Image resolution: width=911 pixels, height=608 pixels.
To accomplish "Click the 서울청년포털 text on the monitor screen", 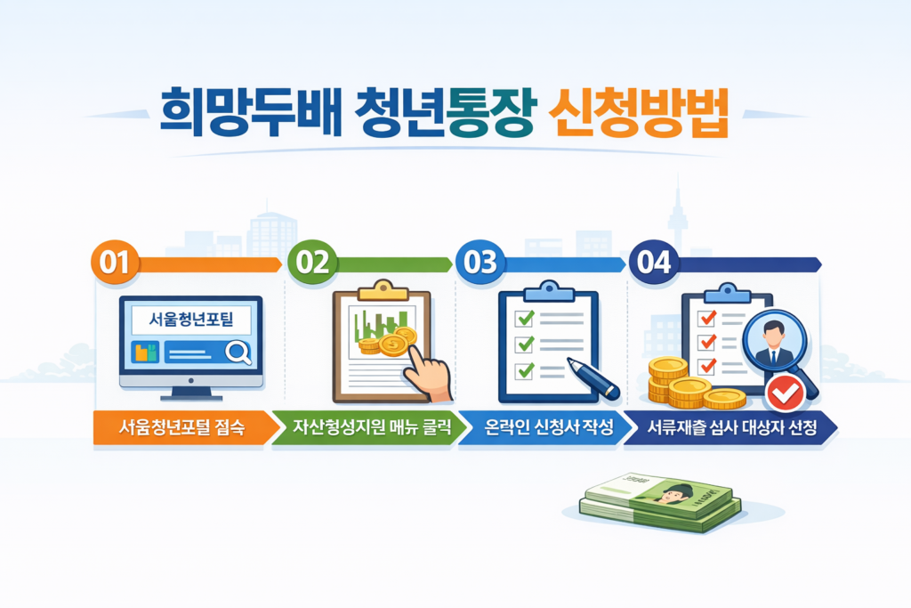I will (190, 319).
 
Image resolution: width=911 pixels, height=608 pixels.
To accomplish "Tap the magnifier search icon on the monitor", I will (238, 353).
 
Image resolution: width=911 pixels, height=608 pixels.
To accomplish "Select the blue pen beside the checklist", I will (593, 377).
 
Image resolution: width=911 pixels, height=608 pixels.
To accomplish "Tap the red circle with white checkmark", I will (784, 391).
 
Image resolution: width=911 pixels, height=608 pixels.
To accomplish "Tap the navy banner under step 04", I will (735, 427).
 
